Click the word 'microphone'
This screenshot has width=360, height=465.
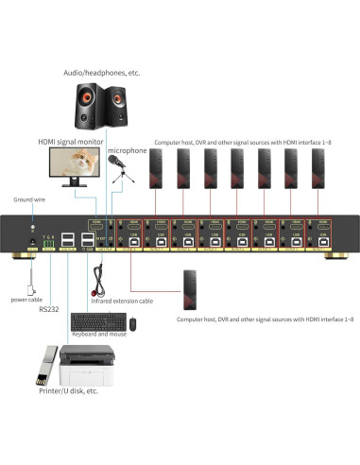click(126, 149)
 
